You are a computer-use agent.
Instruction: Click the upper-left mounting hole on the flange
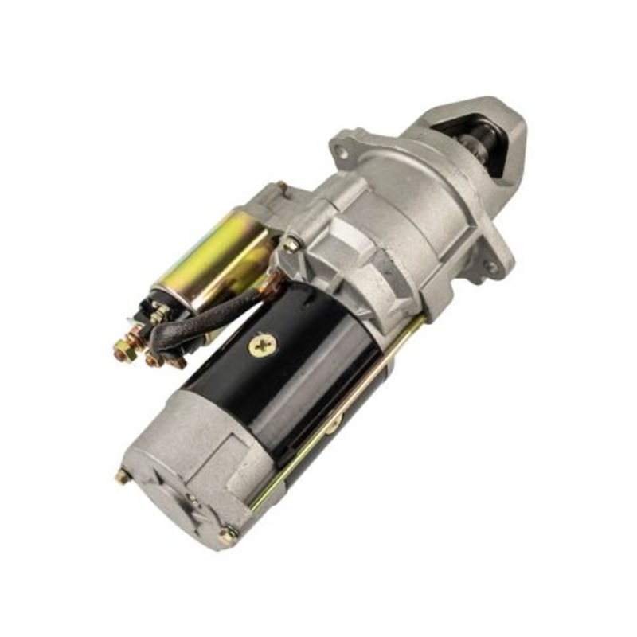pos(341,149)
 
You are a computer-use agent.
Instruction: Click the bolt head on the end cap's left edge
pos(122,476)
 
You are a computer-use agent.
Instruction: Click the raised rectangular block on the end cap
pos(231,454)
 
